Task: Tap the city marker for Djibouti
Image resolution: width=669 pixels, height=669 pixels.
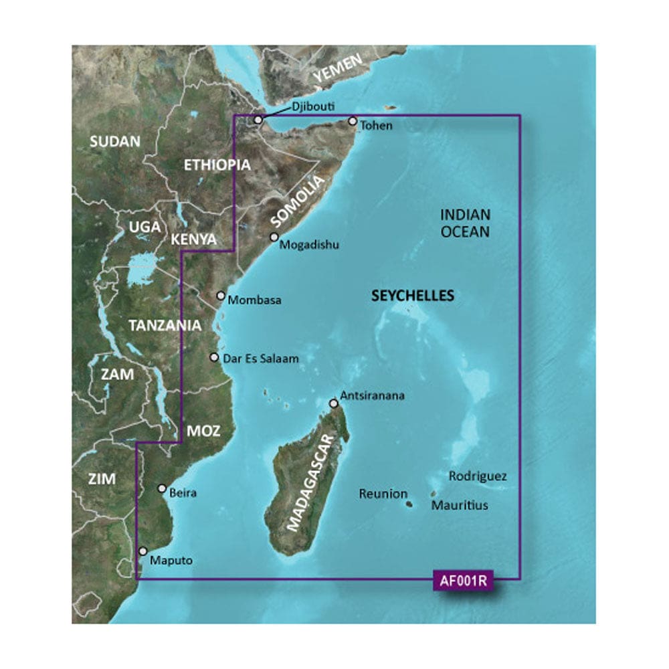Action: [258, 119]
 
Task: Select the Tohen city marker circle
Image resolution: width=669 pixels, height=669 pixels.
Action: [352, 121]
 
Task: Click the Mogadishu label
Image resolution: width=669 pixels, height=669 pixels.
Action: [309, 245]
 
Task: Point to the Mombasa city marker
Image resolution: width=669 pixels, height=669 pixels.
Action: [221, 295]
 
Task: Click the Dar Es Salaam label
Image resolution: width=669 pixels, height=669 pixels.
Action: [261, 359]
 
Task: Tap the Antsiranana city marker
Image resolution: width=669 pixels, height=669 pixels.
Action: [333, 403]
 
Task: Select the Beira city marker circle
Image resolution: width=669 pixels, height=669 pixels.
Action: [161, 488]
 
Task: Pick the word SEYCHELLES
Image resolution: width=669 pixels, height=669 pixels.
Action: [413, 296]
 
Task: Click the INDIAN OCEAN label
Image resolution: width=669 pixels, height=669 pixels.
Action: [466, 223]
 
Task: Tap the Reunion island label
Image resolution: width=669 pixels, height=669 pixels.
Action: [383, 494]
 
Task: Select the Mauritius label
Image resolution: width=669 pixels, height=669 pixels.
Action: [459, 506]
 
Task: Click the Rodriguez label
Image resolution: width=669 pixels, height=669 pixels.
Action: [478, 477]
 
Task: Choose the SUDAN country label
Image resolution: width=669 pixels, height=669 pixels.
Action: [115, 141]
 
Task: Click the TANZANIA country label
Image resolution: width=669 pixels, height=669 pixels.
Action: [165, 325]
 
